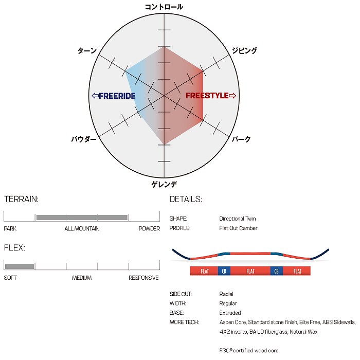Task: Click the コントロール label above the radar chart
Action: [x=164, y=7]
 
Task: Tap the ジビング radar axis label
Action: [x=244, y=51]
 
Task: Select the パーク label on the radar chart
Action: [x=241, y=139]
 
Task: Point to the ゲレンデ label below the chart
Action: [x=164, y=184]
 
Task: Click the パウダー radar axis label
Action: [x=84, y=139]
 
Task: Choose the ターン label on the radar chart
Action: [x=87, y=51]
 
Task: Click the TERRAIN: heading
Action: [x=21, y=199]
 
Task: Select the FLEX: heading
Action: [x=14, y=248]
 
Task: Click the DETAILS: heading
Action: [x=186, y=199]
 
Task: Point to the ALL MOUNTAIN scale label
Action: [x=82, y=228]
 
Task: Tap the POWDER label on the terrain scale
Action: [x=149, y=228]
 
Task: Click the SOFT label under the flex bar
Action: [x=10, y=278]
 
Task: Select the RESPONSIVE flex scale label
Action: [x=143, y=278]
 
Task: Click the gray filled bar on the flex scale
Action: [x=20, y=266]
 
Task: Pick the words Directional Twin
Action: [x=237, y=219]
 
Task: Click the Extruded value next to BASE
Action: [x=230, y=313]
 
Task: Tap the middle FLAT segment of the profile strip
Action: [x=250, y=271]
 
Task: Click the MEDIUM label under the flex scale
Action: [x=82, y=278]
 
